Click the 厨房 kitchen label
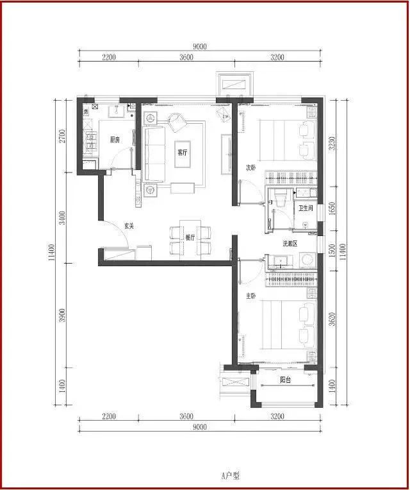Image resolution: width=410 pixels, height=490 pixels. (x=115, y=140)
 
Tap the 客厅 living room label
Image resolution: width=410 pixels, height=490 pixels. (x=183, y=153)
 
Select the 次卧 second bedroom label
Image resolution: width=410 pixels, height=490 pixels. (x=251, y=167)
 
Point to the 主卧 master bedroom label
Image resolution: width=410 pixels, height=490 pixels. (x=251, y=296)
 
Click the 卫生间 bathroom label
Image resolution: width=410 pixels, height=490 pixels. (x=306, y=208)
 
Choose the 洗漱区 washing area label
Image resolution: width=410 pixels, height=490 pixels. (x=290, y=244)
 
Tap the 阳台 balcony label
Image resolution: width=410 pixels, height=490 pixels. (x=286, y=380)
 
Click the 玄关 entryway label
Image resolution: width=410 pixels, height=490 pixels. (x=129, y=226)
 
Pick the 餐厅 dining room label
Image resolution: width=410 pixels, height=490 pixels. (x=190, y=237)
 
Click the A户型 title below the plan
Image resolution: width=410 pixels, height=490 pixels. (x=231, y=476)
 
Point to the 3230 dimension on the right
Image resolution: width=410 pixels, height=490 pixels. (x=332, y=143)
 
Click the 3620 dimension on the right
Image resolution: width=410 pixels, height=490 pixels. (x=332, y=319)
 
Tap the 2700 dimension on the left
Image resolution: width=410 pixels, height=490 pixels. (x=63, y=136)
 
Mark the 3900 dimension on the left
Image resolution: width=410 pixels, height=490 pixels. (x=63, y=316)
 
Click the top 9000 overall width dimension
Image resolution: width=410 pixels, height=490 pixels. (x=200, y=47)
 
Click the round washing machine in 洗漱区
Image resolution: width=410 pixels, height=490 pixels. (x=307, y=260)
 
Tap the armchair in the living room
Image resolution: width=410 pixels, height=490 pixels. (x=177, y=122)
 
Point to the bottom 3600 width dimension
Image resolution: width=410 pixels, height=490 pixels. (x=186, y=416)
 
